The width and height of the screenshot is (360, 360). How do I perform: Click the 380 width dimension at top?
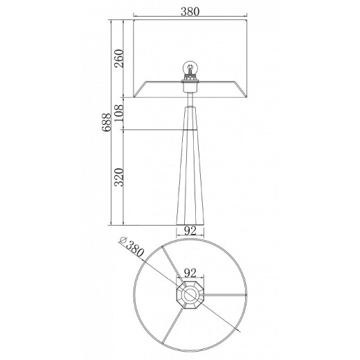coord(190,12)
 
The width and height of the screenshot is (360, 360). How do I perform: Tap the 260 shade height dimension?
coord(120,58)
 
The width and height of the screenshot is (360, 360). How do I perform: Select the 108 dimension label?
coord(120,114)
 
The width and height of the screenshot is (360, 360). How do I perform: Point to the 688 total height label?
coord(107,123)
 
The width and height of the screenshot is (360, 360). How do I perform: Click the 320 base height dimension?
coord(120,177)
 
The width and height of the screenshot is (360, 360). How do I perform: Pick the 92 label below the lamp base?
coord(190,231)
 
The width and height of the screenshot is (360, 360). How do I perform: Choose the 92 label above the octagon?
coord(190,273)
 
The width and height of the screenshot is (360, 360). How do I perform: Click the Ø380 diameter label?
coord(132,246)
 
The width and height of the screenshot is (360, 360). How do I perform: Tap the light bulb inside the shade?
coord(190,68)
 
